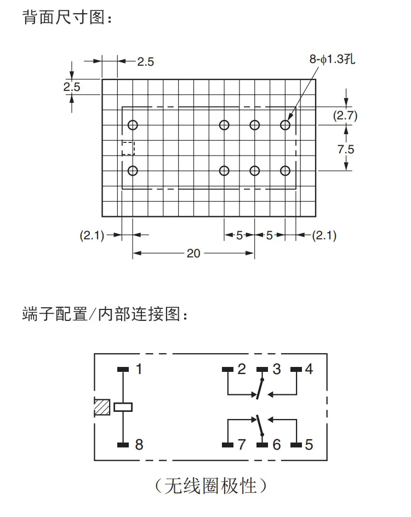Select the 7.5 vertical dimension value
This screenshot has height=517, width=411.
coord(346,149)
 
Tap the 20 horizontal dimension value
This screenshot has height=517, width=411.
coord(193,253)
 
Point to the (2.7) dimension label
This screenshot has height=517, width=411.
coord(345,116)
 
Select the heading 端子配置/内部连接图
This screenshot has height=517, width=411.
coord(106,315)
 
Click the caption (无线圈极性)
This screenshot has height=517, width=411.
coord(211,485)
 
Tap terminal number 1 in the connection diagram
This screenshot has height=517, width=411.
coord(139,369)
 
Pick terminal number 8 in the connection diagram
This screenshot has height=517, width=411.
coord(139,444)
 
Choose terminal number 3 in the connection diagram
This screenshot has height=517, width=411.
coord(276,369)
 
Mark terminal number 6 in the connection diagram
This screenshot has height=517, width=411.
coord(276,444)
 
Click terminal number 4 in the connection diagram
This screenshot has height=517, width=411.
coord(309,369)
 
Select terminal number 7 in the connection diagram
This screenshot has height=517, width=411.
coord(242,444)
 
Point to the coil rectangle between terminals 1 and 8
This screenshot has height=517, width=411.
coord(123,407)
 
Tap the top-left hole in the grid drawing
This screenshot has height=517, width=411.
coord(133,125)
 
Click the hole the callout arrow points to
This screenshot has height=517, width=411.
coord(285,125)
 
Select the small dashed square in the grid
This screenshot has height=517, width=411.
coord(128,148)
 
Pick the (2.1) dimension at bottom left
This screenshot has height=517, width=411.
coord(92,235)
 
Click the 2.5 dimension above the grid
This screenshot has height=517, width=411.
coord(145,61)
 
